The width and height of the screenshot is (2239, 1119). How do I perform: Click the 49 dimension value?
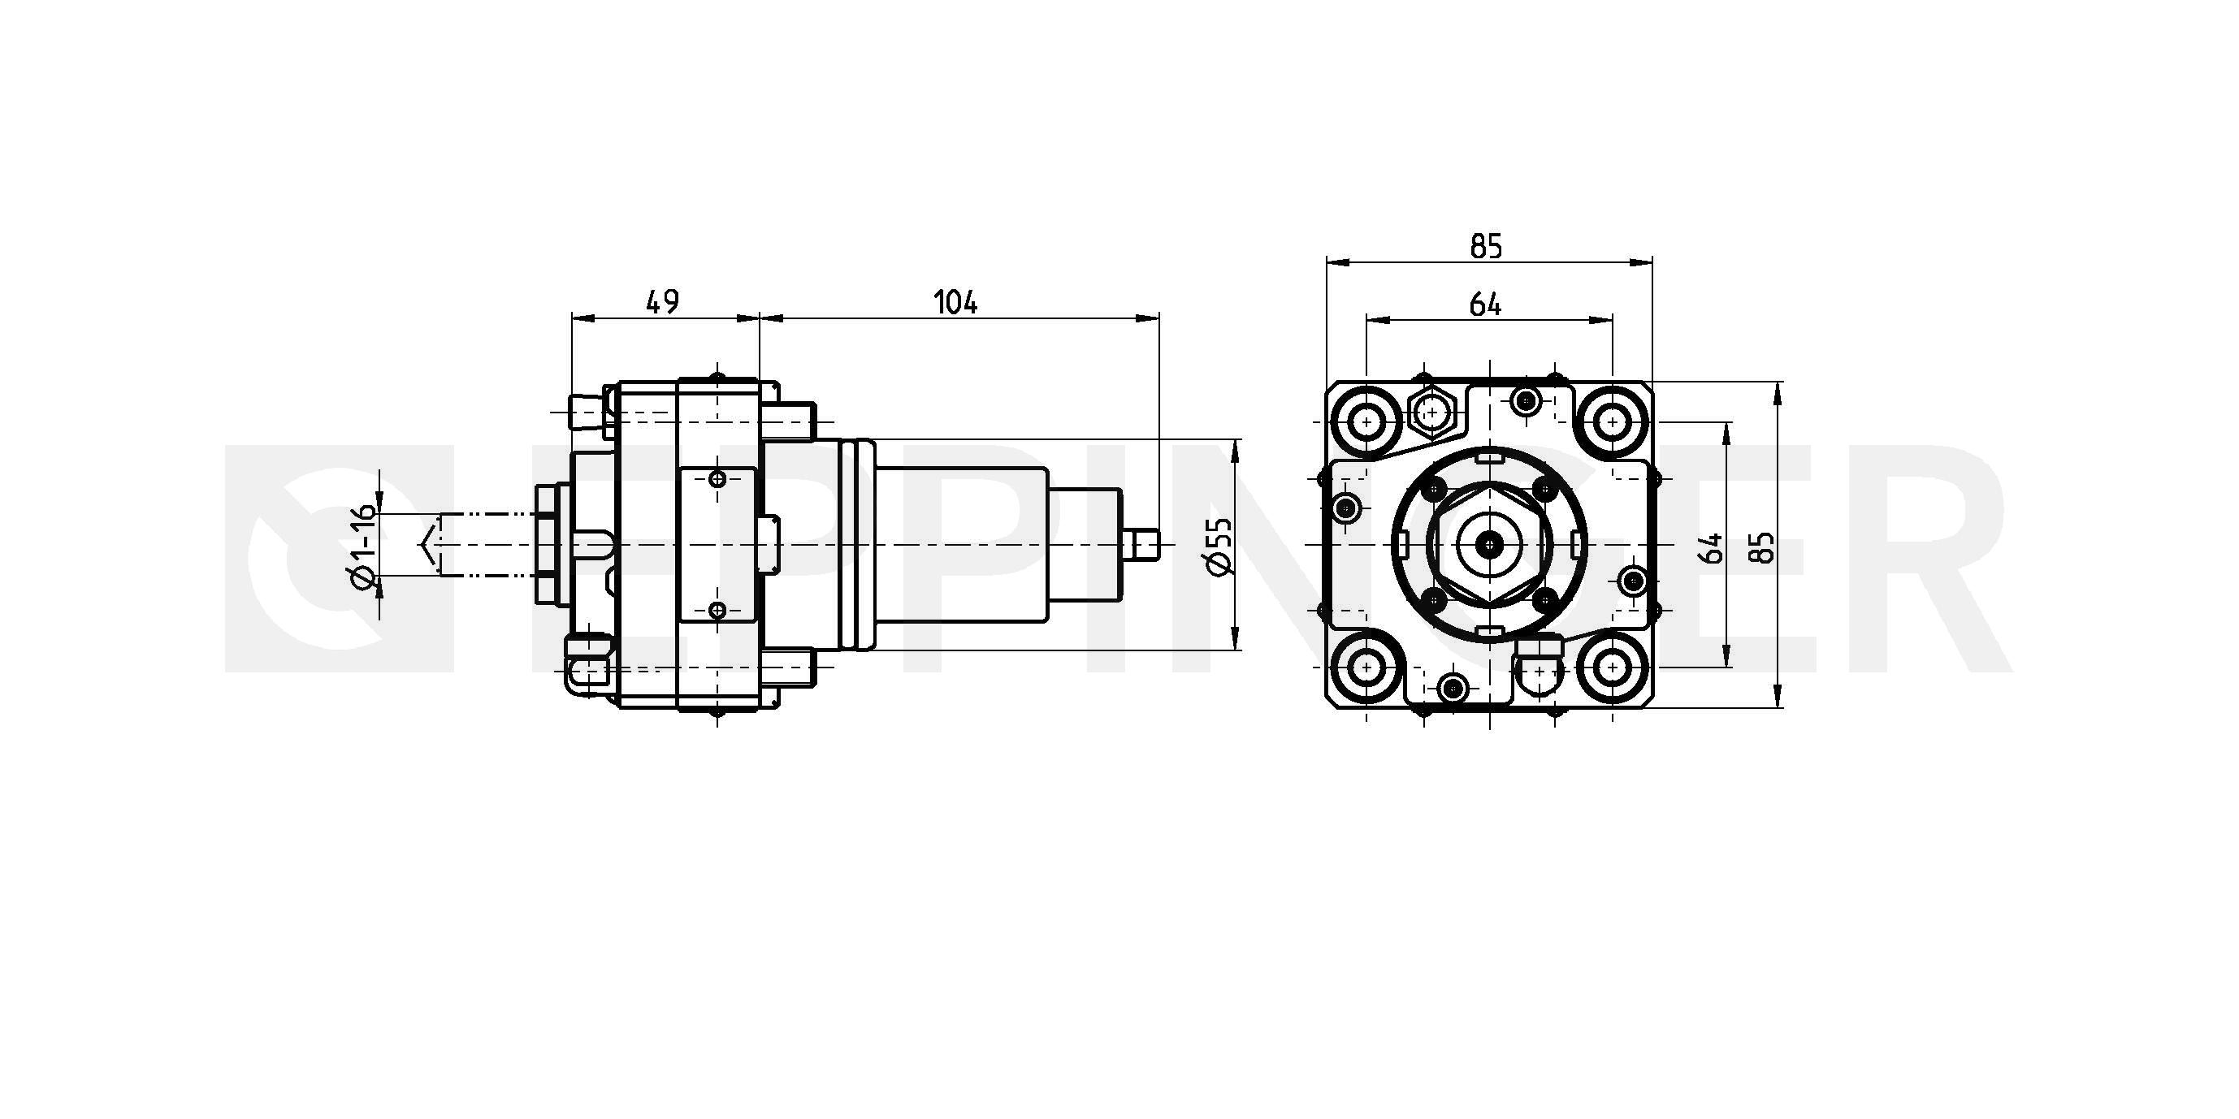662,301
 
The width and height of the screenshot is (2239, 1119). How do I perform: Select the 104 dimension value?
955,302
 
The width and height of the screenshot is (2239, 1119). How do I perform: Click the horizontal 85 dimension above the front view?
1486,248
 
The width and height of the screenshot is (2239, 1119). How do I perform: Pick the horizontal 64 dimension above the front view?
1485,304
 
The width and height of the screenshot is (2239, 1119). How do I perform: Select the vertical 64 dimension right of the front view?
1711,548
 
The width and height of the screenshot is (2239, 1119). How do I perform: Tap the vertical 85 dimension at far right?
1765,547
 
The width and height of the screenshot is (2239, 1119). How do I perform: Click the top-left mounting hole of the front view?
1367,423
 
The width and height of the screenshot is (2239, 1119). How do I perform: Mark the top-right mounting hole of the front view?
1613,422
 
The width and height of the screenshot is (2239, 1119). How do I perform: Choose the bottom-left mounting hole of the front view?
1367,668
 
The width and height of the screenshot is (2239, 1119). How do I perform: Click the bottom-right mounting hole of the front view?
1613,668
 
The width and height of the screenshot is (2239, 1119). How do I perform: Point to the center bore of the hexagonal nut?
1491,545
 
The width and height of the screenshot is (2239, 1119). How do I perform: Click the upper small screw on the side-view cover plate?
717,479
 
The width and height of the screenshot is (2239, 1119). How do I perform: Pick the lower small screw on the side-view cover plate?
717,610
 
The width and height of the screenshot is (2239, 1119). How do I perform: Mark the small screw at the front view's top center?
1526,400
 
